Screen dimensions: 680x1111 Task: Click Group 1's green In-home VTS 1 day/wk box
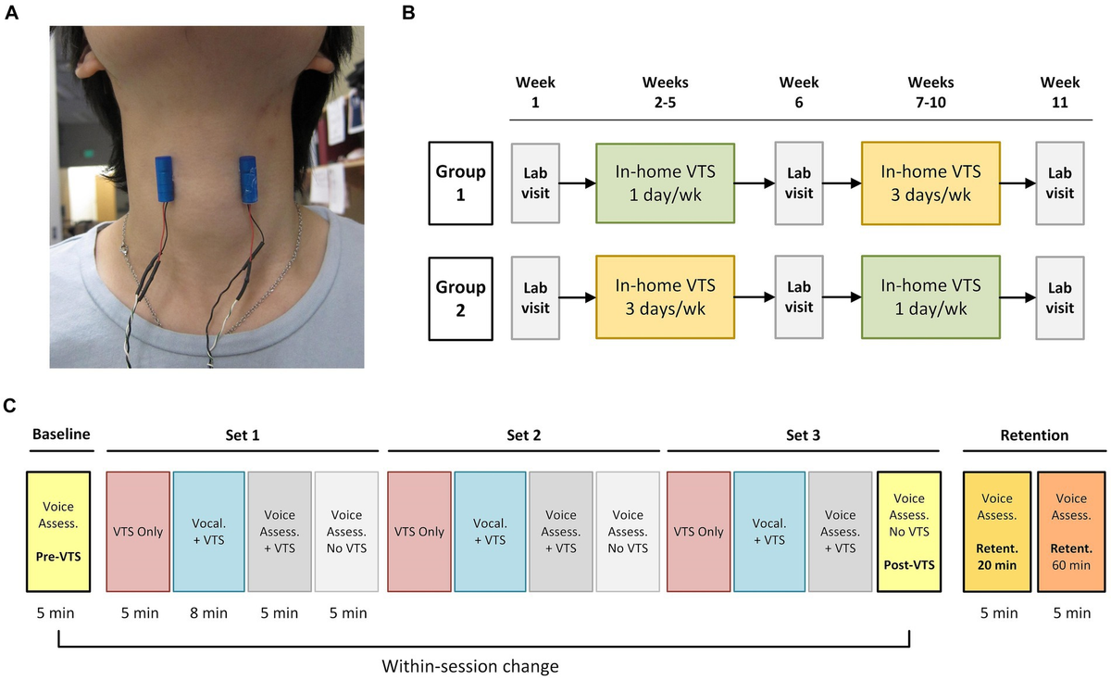pos(665,183)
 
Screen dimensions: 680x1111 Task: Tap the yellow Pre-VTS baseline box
pos(58,532)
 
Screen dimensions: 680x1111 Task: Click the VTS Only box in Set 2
pos(418,532)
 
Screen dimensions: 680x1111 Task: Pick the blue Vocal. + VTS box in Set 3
pos(768,532)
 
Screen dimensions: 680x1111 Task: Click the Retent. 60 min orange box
pos(1071,532)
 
